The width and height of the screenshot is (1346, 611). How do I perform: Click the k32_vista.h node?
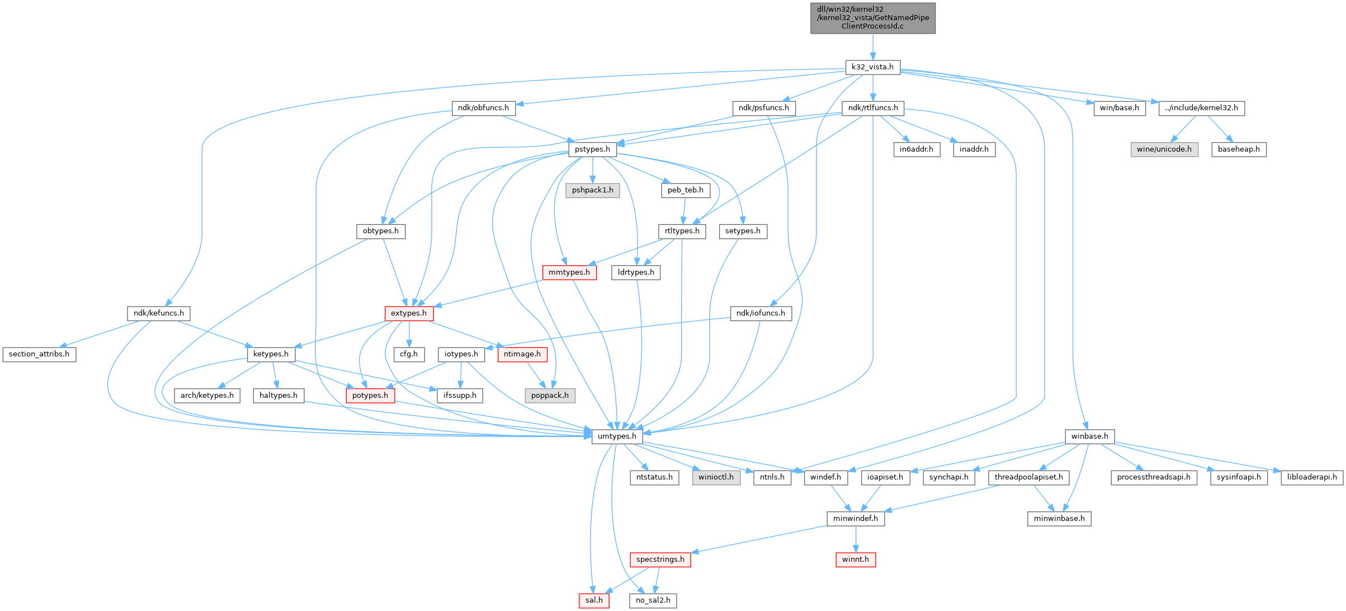tap(872, 67)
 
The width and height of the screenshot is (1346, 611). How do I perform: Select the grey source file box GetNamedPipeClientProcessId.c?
tap(872, 18)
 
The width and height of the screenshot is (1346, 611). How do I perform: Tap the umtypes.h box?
tap(617, 436)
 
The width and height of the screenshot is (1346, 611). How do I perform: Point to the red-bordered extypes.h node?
tap(409, 313)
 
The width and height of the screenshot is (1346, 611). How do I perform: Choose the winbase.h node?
tap(1089, 436)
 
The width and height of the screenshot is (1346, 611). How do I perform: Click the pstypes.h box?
tap(592, 149)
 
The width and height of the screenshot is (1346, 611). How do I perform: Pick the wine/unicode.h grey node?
tap(1164, 149)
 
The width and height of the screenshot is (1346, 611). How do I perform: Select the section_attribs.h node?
tap(39, 354)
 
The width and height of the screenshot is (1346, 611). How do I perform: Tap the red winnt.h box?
tap(856, 560)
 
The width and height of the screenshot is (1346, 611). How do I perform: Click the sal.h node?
tap(594, 600)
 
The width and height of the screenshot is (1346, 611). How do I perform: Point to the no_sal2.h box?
tap(653, 600)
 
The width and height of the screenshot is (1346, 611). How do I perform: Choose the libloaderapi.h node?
tap(1311, 477)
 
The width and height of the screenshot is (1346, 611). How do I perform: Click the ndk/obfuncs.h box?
tap(483, 108)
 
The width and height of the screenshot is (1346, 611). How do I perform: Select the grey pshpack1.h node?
tap(592, 190)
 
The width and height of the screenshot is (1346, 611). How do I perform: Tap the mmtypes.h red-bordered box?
tap(569, 272)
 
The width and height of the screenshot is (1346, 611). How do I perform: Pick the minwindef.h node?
tap(856, 519)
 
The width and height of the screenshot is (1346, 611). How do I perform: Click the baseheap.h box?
tap(1239, 149)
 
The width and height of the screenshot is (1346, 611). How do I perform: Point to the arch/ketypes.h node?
tap(207, 396)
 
